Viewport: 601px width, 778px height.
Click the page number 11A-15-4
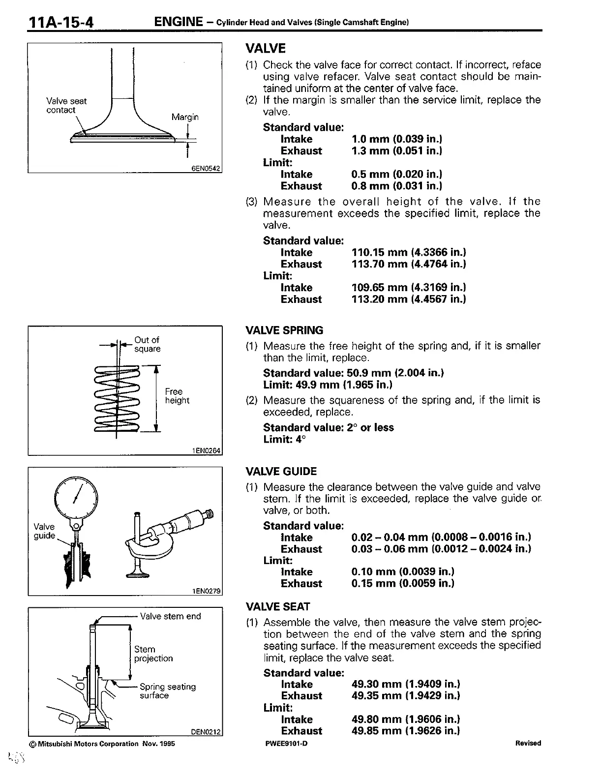coord(61,23)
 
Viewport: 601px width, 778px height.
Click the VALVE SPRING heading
coord(284,330)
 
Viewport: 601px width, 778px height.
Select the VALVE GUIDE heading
coord(281,472)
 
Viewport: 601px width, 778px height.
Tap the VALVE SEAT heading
coord(277,606)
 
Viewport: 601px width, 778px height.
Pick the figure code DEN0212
coord(206,732)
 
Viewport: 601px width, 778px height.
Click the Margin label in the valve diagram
coord(185,117)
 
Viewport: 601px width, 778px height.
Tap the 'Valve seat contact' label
coord(66,105)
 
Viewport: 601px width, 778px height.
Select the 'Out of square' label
coord(148,344)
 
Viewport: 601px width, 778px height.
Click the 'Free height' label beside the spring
coord(177,396)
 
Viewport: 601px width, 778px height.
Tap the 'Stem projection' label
coord(153,654)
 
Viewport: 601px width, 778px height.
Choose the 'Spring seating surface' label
coord(167,691)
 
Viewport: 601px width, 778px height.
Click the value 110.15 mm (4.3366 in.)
coord(408,252)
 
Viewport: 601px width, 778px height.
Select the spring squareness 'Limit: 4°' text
coord(284,439)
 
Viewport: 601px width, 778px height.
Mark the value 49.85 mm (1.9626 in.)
coord(405,731)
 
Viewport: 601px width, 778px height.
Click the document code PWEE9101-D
coord(286,744)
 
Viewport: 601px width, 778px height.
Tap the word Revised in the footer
coord(528,744)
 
